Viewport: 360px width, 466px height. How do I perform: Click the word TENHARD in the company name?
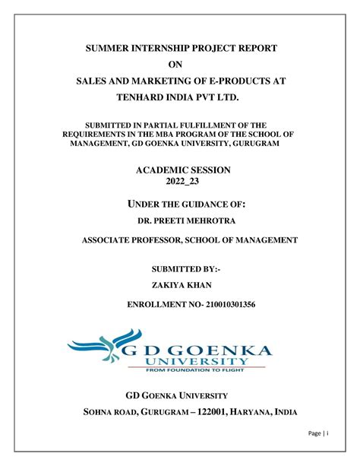[x=145, y=100]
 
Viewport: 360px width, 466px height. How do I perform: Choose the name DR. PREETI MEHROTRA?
[x=185, y=220]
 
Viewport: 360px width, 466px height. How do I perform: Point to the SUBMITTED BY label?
[x=185, y=270]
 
